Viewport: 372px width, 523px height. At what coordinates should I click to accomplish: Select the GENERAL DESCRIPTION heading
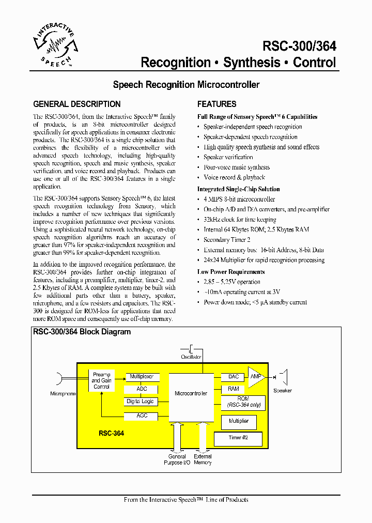[x=77, y=104]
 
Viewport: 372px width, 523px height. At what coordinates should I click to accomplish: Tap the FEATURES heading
[x=217, y=104]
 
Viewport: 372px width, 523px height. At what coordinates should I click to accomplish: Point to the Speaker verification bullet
[x=228, y=157]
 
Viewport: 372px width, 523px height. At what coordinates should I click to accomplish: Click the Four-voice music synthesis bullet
[x=236, y=167]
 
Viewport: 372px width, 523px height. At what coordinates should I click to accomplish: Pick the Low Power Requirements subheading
[x=231, y=272]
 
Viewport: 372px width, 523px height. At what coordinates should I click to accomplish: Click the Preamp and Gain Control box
[x=102, y=380]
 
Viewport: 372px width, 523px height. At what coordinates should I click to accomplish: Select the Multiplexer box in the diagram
[x=142, y=377]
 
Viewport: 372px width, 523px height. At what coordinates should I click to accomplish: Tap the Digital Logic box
[x=140, y=402]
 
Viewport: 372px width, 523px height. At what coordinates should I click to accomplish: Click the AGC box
[x=142, y=416]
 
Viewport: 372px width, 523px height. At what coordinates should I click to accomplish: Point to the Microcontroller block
[x=191, y=394]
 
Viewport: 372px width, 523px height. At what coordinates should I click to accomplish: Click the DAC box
[x=233, y=377]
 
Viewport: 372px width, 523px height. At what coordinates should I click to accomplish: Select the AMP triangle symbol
[x=256, y=377]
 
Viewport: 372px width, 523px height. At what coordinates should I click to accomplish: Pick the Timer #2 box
[x=238, y=438]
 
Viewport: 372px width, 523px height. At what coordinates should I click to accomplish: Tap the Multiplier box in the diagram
[x=238, y=421]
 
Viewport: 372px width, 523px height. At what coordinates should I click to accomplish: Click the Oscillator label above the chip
[x=191, y=357]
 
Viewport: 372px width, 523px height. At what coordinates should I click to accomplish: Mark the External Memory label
[x=203, y=459]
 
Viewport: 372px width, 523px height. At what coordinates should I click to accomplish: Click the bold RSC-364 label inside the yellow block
[x=111, y=433]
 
